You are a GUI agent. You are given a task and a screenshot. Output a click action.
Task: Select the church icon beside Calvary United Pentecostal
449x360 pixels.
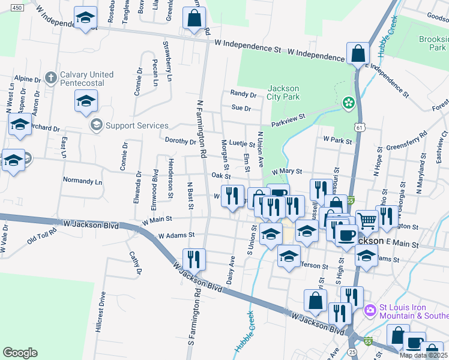(x=51, y=77)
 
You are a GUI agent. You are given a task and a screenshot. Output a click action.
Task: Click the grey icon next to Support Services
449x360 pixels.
(x=95, y=125)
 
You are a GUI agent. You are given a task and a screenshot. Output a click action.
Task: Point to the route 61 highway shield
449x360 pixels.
(x=359, y=127)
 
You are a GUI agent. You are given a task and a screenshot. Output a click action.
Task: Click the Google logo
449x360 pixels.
(x=20, y=353)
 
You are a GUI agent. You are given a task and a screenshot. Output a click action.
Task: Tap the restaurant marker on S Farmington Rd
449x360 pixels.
(x=194, y=259)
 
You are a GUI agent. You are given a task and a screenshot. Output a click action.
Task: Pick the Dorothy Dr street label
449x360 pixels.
(x=181, y=142)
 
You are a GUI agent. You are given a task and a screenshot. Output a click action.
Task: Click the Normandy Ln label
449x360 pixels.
(x=83, y=181)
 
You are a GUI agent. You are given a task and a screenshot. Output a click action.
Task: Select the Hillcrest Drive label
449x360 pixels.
(x=101, y=312)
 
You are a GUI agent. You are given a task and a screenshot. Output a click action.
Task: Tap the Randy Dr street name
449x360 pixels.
(x=243, y=94)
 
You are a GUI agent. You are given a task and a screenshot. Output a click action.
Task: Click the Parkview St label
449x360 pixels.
(x=288, y=117)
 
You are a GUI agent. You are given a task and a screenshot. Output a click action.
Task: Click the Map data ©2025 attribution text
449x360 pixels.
(x=423, y=355)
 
